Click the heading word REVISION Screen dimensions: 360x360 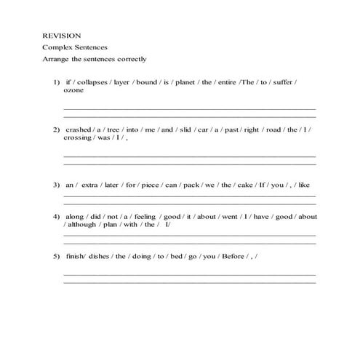click(x=62, y=35)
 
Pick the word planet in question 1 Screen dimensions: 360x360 click(x=188, y=82)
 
